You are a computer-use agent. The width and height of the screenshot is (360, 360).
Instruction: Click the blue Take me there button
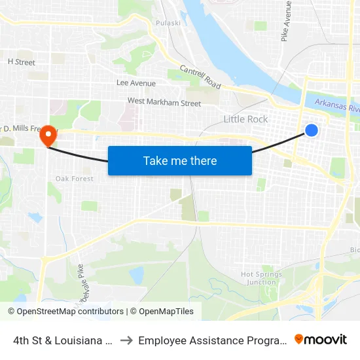tap(180, 160)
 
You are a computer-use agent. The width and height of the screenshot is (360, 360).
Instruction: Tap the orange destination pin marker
tap(48, 135)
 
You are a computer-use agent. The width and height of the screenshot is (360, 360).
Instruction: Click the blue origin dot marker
tap(312, 130)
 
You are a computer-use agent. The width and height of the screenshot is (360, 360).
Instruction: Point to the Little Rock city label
tap(245, 119)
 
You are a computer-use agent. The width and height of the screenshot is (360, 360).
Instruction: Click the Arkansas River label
tap(336, 105)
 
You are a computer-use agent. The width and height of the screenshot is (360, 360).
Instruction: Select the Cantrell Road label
tap(200, 78)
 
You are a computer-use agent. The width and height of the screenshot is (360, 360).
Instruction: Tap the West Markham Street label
tap(164, 102)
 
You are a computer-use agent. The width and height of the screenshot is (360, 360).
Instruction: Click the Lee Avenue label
tap(136, 83)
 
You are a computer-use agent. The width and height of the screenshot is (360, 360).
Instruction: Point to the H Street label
tap(21, 62)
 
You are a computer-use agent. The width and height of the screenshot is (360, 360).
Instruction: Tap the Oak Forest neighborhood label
tap(74, 179)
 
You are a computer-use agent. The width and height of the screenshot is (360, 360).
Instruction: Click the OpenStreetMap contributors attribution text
tap(65, 312)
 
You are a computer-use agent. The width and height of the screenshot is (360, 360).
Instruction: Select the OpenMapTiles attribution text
tap(164, 312)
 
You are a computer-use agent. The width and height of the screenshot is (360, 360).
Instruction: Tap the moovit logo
tap(321, 340)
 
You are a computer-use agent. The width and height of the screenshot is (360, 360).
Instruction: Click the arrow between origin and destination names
tap(126, 340)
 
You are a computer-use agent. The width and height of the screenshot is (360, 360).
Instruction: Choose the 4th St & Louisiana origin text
tap(63, 340)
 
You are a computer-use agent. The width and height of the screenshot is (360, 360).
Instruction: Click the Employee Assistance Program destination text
tap(212, 340)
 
